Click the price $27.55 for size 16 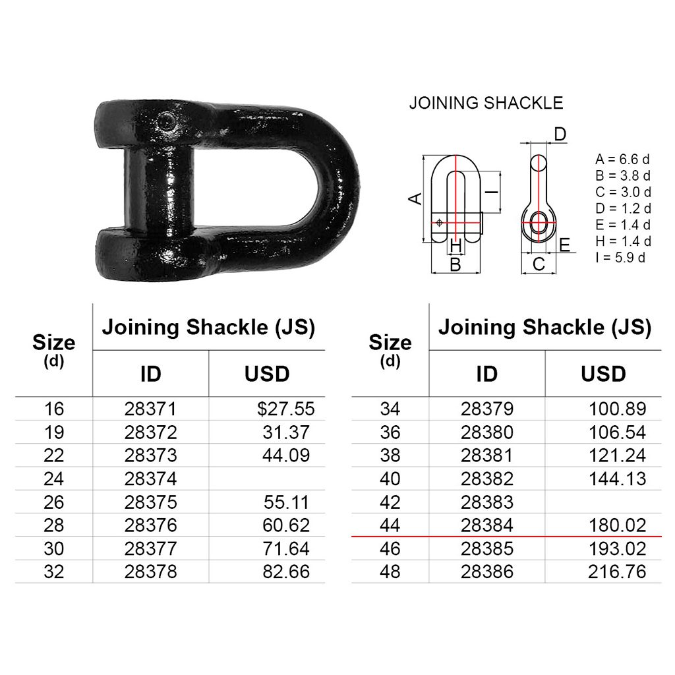point(286,409)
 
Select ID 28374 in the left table point(151,479)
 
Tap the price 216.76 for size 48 point(617,572)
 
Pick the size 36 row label point(390,432)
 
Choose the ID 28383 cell point(487,502)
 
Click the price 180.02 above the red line point(617,525)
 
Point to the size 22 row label point(54,455)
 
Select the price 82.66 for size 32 point(286,572)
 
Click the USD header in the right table point(603,374)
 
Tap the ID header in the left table point(151,374)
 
